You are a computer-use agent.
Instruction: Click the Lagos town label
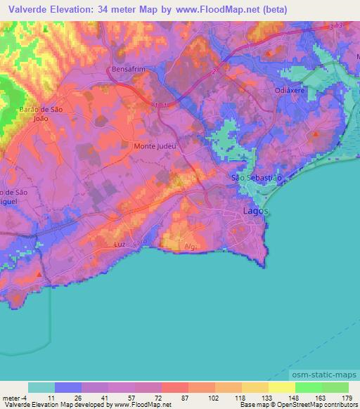pos(255,210)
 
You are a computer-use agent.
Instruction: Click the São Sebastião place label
pos(257,178)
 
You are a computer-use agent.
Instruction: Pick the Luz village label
pos(120,244)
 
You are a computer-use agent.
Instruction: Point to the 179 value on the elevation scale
pos(347,398)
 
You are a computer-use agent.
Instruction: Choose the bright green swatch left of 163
pos(308,387)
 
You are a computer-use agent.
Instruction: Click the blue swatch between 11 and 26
pos(67,387)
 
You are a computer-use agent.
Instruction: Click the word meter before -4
pos(11,398)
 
